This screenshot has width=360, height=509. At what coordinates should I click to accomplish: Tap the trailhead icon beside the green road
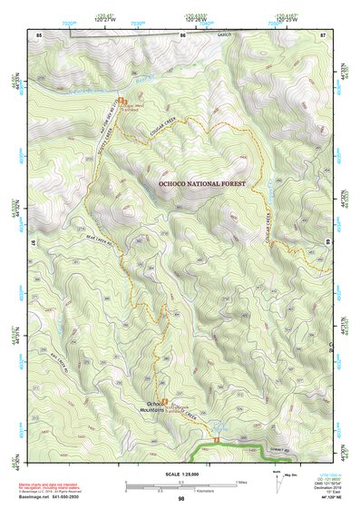coord(218,441)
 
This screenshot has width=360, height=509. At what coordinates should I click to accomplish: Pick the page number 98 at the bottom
coord(181,498)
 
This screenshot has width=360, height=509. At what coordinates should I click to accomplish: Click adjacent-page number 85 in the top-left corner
coord(39,34)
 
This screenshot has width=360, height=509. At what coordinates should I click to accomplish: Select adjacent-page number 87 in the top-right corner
coord(322,34)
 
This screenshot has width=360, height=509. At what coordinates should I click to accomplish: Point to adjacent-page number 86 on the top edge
coord(182,34)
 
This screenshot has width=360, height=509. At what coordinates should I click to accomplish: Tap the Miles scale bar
coord(181,482)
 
